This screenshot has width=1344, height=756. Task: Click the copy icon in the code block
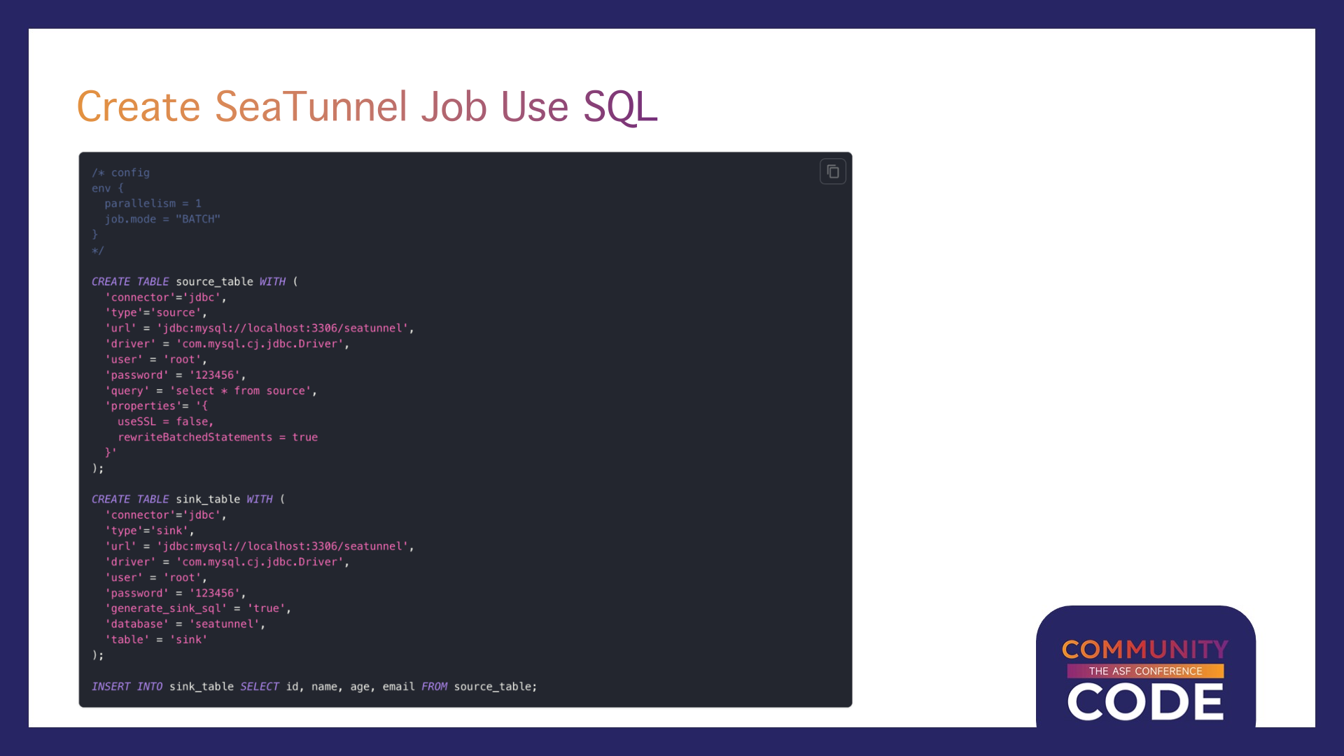[832, 171]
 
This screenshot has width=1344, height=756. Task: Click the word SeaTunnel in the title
[311, 106]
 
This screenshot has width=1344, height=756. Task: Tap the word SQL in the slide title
[620, 107]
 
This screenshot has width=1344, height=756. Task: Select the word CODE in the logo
[1145, 702]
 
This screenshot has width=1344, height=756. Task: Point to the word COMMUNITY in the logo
[1145, 649]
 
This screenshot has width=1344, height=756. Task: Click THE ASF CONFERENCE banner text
[1145, 671]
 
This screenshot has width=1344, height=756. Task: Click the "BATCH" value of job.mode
[198, 219]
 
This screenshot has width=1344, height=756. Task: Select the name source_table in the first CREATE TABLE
[214, 281]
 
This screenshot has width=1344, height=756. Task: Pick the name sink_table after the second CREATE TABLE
[208, 499]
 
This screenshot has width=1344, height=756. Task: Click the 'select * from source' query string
[240, 391]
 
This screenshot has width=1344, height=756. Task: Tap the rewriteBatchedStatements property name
[195, 437]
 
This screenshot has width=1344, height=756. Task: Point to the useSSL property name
[136, 421]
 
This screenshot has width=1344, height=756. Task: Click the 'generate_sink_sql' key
[166, 608]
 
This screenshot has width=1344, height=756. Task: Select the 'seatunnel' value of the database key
[224, 624]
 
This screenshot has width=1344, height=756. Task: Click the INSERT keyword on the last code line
[111, 687]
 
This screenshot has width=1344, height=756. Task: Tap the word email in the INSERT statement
[398, 687]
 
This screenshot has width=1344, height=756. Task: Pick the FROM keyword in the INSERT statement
[434, 687]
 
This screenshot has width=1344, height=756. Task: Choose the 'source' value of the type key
[175, 313]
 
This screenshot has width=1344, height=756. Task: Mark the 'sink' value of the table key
[188, 640]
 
